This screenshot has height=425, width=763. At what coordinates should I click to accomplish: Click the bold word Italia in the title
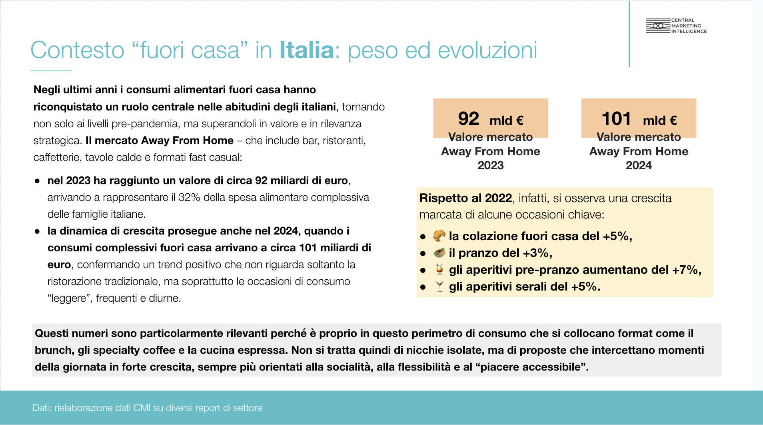click(306, 50)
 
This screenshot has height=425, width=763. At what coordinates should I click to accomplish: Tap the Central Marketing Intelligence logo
click(676, 26)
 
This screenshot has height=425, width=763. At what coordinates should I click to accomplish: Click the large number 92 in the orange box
click(468, 119)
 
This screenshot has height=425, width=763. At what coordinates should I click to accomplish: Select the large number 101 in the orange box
click(616, 119)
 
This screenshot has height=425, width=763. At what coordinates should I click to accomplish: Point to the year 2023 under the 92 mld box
click(491, 165)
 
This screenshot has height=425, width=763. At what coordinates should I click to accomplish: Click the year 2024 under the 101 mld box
click(639, 165)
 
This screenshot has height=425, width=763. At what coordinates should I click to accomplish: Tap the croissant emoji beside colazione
click(439, 236)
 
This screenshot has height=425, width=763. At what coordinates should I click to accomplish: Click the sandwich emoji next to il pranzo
click(439, 253)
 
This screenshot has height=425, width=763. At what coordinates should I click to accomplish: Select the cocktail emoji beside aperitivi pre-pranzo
click(439, 269)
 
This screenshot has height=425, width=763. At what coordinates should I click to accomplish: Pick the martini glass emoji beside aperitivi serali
click(439, 286)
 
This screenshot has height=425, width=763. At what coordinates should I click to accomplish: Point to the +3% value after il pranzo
click(536, 253)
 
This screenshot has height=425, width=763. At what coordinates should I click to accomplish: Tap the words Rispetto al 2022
click(465, 198)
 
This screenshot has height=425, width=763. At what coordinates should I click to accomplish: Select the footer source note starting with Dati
click(148, 408)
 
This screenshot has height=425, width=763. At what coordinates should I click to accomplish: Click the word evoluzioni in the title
click(487, 50)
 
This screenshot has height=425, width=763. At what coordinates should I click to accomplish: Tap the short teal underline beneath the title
click(51, 71)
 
